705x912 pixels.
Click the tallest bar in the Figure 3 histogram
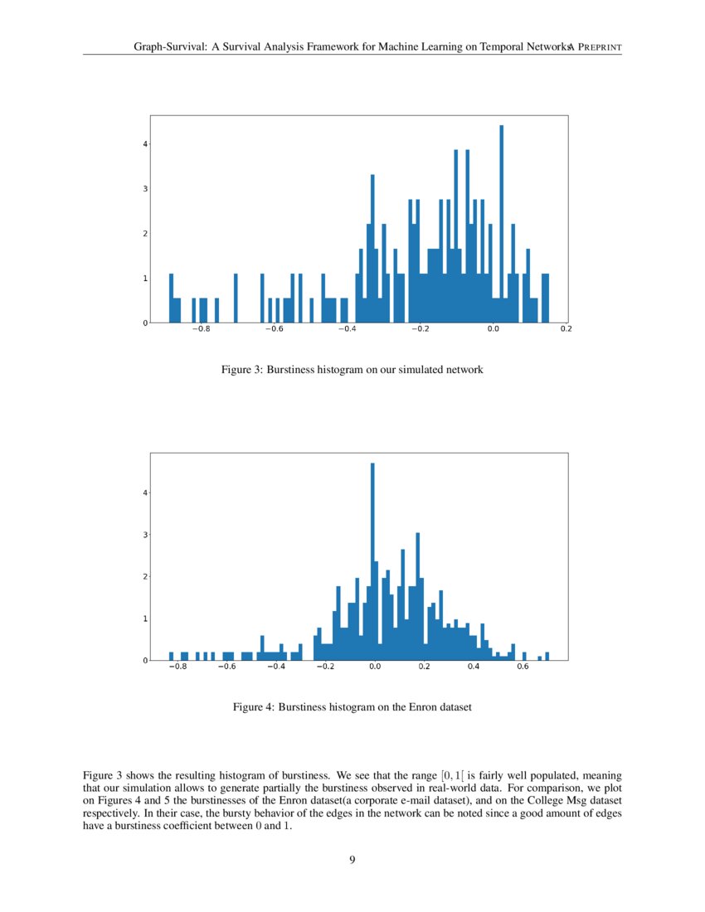[501, 224]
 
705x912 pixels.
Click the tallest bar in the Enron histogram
[372, 564]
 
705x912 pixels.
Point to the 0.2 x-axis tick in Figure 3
[566, 329]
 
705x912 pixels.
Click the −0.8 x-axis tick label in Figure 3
[200, 329]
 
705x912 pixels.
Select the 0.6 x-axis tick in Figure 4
[523, 667]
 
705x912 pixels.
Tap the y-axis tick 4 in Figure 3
[145, 144]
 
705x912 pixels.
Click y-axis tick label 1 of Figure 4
[145, 619]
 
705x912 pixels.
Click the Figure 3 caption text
[352, 370]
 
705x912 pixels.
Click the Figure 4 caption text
[352, 707]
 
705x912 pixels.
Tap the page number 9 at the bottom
[352, 860]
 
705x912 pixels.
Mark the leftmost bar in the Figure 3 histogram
[171, 298]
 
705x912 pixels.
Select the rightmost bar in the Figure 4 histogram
[547, 656]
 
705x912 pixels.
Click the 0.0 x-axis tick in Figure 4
[374, 667]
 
